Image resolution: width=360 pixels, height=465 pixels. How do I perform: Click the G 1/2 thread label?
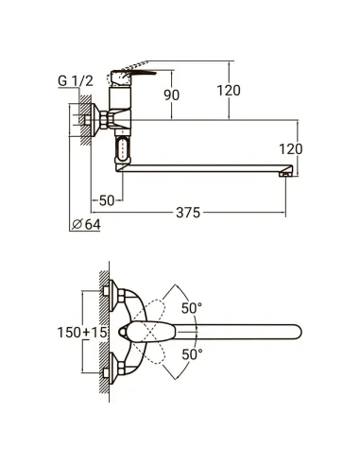(76, 81)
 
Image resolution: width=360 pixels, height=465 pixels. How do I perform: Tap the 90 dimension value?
(172, 95)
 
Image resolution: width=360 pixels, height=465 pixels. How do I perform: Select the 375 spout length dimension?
(188, 213)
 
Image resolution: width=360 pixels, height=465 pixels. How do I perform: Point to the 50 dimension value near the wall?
(107, 200)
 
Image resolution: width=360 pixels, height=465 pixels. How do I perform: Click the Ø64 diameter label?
(86, 224)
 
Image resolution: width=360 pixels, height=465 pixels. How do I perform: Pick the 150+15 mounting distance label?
(82, 332)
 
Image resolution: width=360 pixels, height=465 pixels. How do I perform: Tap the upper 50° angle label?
(192, 308)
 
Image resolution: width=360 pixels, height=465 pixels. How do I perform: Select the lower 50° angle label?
(192, 354)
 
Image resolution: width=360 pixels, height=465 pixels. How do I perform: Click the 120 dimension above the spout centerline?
(229, 91)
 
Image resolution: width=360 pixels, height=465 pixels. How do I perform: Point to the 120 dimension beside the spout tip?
(291, 148)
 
